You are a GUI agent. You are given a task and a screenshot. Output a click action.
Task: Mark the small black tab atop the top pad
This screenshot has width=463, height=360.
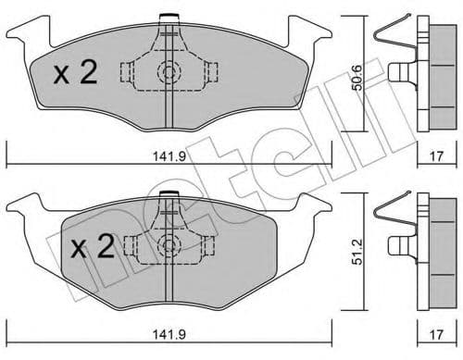tap(168, 17)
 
